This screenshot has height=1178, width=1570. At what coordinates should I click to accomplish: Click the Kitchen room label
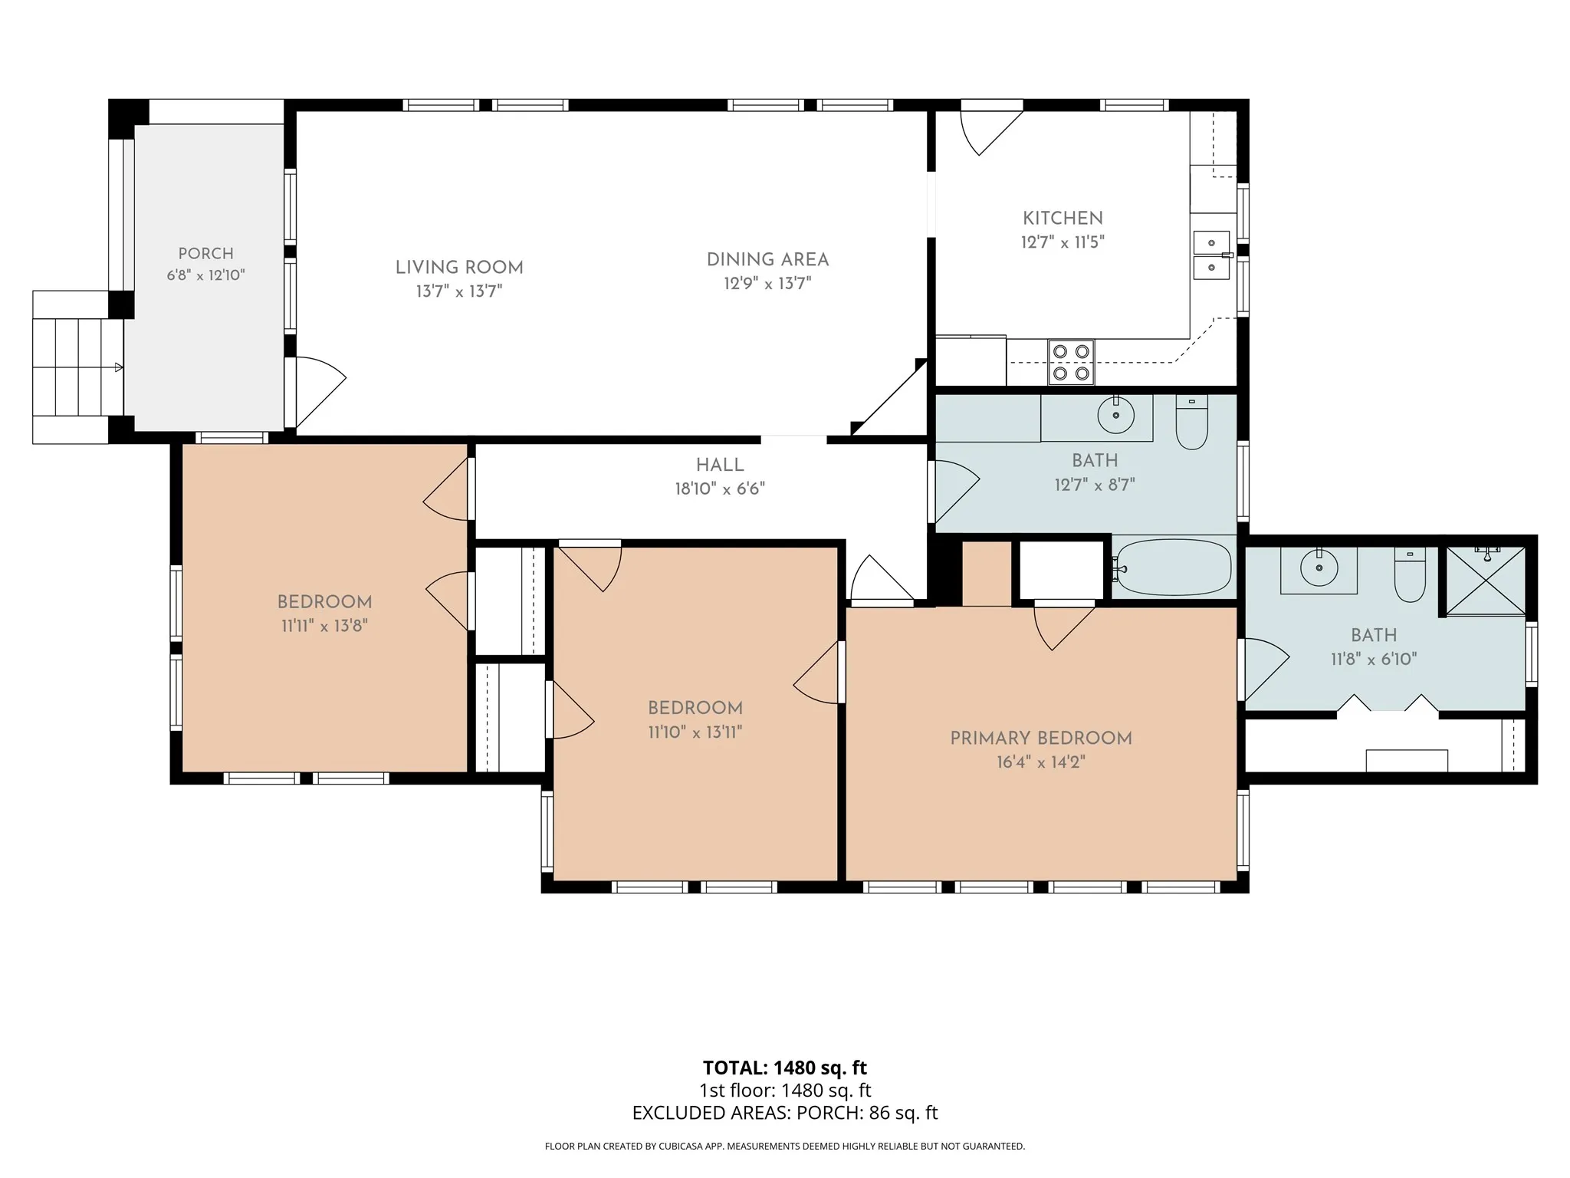tap(1063, 218)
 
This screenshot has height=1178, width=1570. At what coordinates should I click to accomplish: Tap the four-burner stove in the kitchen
tap(1071, 362)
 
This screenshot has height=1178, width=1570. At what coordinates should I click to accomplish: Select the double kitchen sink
tap(1211, 255)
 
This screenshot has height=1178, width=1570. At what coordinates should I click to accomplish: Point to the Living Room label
tap(459, 268)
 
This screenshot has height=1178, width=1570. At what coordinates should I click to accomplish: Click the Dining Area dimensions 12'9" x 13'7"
tap(767, 284)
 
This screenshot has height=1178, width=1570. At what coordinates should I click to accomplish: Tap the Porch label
tap(205, 254)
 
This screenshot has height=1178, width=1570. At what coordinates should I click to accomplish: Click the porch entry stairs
tap(77, 367)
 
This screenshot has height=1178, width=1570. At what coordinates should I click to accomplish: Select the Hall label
tap(720, 465)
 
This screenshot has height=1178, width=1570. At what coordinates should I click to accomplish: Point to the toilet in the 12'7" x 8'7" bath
tap(1191, 422)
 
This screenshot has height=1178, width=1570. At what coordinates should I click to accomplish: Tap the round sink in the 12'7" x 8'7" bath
tap(1115, 416)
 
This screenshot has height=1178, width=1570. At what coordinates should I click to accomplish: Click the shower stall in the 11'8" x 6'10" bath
tap(1485, 581)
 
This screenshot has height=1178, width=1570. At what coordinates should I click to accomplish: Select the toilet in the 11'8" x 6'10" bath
tap(1409, 574)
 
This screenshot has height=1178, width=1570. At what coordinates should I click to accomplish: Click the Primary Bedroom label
tap(1041, 739)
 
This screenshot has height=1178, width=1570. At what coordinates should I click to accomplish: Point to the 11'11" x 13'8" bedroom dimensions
tap(324, 626)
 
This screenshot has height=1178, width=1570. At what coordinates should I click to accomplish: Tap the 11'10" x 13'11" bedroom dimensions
tap(695, 732)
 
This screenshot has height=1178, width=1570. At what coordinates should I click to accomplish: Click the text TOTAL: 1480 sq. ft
tap(785, 1068)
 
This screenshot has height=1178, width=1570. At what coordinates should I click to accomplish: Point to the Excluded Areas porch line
tap(785, 1113)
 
